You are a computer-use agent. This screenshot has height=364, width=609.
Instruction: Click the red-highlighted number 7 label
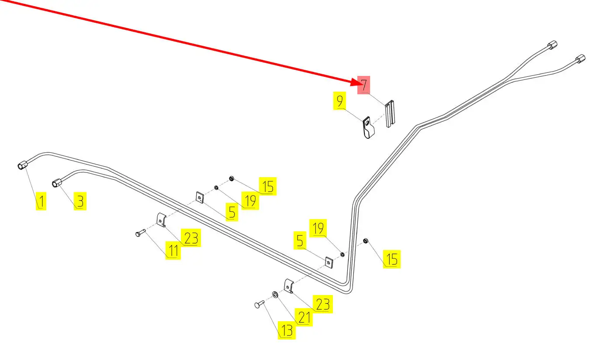point(364,85)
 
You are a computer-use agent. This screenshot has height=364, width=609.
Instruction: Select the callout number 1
point(41,202)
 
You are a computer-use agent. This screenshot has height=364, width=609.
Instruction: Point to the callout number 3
point(80,202)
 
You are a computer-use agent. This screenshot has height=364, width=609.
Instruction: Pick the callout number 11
point(173,251)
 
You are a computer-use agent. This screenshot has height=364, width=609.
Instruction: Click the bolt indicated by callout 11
point(139,234)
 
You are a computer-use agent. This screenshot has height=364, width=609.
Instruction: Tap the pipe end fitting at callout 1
point(23,165)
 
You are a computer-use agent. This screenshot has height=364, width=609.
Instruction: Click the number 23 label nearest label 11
point(191,238)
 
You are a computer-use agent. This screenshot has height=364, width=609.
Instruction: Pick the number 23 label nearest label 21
point(322,304)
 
